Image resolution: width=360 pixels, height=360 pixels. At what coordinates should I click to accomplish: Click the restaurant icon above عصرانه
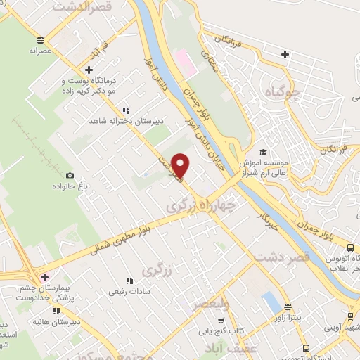click(x=41, y=39)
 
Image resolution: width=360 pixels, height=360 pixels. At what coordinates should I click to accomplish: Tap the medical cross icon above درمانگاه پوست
click(x=89, y=69)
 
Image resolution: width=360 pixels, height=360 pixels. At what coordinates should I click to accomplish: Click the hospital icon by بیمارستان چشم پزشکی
click(x=44, y=277)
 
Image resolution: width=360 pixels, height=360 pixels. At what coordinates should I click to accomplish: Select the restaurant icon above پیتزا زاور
click(x=288, y=307)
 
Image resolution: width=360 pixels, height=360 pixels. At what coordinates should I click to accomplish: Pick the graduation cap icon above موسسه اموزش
click(x=262, y=152)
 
